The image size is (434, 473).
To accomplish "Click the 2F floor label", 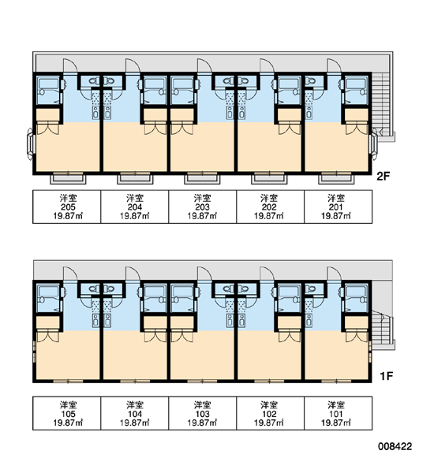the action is tap(383, 176).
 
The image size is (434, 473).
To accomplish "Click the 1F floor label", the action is tap(387, 376).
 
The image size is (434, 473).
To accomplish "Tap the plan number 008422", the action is tap(395, 446).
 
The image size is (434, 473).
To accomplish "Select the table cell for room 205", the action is tap(67, 207).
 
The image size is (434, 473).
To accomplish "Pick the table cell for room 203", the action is tap(202, 207).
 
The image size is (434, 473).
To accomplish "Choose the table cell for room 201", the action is tap(339, 207).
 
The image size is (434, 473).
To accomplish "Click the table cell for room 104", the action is tap(135, 413).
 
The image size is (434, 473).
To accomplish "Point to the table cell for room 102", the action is tap(271, 413).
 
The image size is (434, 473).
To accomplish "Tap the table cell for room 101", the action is tap(339, 413).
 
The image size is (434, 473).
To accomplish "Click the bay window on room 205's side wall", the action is tap(30, 144).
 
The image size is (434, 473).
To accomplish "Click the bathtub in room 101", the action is tap(357, 296).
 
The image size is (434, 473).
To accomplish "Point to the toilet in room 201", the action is tap(310, 80).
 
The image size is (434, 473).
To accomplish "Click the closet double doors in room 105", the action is tap(47, 336).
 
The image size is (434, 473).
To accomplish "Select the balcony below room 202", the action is tap(269, 178).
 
